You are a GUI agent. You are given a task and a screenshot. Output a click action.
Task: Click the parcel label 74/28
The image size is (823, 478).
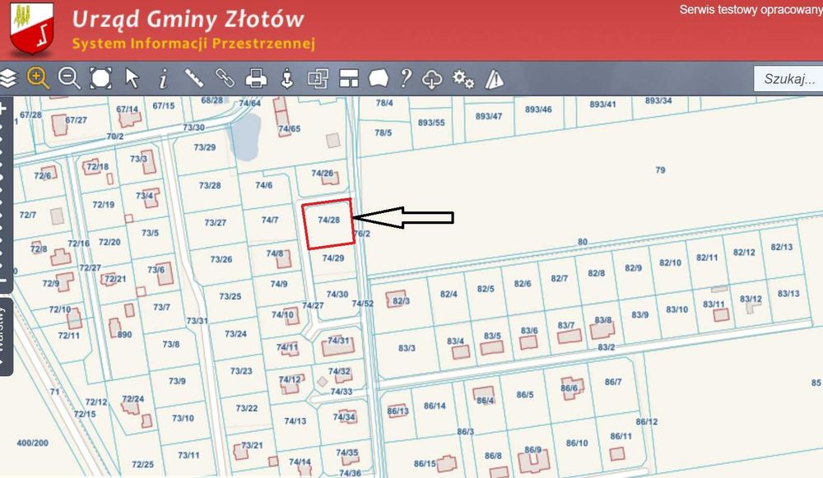pos(328,220)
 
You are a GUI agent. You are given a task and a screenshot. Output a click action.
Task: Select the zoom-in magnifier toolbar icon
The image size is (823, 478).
pos(38,78)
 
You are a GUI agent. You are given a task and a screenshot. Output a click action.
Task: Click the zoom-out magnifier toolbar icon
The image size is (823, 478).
pos(69,78)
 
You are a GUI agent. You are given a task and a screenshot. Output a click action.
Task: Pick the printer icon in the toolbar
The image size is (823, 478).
pos(257,78)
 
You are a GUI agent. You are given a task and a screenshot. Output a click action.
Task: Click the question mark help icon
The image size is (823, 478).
pos(405,78)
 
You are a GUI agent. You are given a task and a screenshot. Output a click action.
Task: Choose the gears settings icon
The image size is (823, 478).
pos(463,78)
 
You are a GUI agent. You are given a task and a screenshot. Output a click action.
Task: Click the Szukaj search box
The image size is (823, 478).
pos(788,79)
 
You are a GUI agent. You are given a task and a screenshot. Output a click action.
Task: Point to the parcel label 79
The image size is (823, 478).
pos(660,169)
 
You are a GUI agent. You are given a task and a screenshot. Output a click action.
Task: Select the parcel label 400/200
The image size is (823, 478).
pos(33,443)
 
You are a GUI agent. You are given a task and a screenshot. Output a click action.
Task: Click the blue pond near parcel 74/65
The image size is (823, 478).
pos(245,135)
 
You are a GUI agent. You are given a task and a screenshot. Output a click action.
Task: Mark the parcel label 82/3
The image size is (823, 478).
pos(402,301)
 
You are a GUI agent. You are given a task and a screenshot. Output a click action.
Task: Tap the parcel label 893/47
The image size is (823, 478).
pos(489,116)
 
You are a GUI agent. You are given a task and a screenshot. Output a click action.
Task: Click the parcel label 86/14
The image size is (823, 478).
pos(435,406)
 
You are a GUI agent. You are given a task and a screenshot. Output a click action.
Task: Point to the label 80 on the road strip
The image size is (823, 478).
pos(583,241)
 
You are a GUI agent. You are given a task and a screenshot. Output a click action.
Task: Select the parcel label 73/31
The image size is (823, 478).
pos(197,321)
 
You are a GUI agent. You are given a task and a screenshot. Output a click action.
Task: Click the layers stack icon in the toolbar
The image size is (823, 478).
pos(8,78)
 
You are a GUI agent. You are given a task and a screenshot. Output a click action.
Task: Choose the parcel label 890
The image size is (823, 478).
pos(125,335)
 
